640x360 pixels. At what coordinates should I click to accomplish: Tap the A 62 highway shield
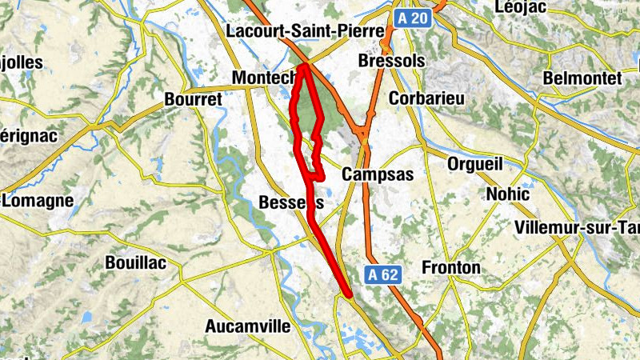pos(383,274)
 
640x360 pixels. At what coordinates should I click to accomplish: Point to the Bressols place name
pos(391,62)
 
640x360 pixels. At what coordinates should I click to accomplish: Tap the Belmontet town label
pos(582,78)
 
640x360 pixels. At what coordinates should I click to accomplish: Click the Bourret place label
pos(192,100)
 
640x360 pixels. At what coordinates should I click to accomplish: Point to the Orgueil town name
pos(475,164)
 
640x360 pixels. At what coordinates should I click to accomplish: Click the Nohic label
pos(507,194)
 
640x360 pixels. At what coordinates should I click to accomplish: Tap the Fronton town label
pos(451,267)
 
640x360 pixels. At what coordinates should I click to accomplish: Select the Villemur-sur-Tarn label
pos(578,227)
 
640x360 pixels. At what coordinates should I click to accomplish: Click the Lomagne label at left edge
pos(38,201)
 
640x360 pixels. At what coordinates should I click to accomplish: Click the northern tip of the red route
pos(304,66)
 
